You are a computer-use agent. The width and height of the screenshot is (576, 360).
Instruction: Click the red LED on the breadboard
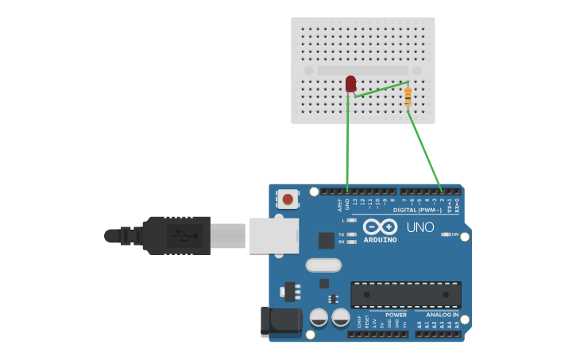point(351,83)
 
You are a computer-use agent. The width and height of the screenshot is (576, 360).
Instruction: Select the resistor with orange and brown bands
point(408,97)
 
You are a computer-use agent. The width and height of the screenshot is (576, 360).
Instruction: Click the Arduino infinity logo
point(380,227)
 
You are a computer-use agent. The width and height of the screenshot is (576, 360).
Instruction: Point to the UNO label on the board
point(420,227)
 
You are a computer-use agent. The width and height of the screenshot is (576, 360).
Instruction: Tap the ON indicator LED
point(446,234)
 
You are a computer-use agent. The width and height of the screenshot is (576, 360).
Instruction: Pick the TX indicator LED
point(352,234)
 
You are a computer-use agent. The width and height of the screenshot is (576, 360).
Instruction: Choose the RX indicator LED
point(352,242)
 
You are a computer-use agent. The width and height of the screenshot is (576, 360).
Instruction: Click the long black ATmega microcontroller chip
point(406,294)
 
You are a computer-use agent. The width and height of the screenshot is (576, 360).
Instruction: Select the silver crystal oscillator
point(323,265)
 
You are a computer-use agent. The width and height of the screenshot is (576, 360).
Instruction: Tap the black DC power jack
point(282,320)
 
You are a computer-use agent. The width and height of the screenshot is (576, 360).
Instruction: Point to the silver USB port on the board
point(273,236)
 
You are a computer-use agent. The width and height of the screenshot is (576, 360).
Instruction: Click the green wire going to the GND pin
point(347,151)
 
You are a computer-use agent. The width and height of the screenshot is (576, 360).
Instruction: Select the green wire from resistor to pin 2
point(425,151)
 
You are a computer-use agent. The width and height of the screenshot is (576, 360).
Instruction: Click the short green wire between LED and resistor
point(381,89)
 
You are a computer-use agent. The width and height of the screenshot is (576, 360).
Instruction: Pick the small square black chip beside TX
point(327,240)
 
